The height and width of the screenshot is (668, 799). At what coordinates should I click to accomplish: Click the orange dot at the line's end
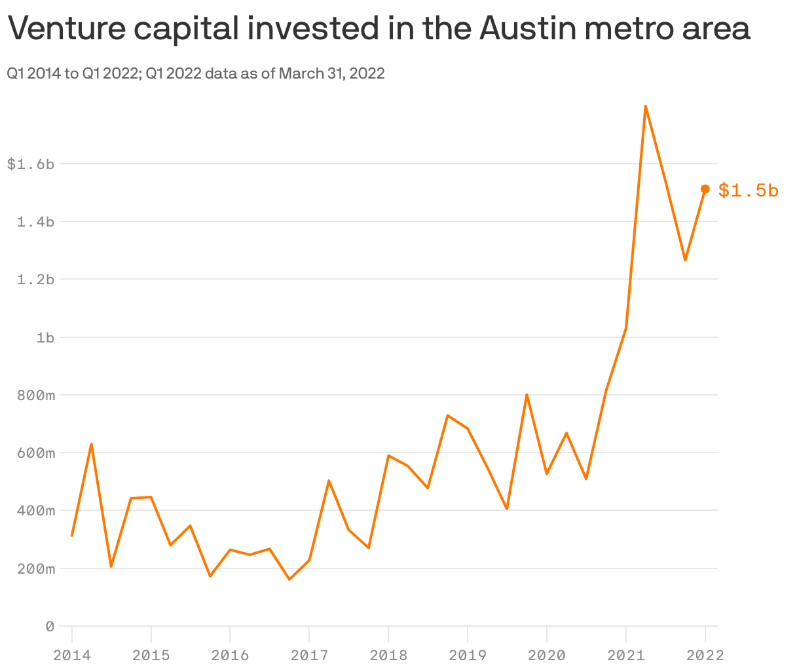pyautogui.click(x=705, y=189)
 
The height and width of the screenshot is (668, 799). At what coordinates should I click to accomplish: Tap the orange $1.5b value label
pyautogui.click(x=748, y=191)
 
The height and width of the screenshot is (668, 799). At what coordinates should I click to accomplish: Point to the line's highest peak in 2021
pyautogui.click(x=646, y=106)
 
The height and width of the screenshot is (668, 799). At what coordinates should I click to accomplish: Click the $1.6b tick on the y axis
pyautogui.click(x=30, y=164)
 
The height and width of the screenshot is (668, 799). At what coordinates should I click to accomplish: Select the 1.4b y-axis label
pyautogui.click(x=35, y=222)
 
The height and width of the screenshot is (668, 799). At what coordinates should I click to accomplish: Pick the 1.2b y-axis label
pyautogui.click(x=35, y=280)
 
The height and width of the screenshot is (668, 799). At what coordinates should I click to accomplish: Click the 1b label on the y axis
pyautogui.click(x=45, y=338)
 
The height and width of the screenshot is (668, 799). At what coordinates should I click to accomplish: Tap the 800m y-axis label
pyautogui.click(x=35, y=396)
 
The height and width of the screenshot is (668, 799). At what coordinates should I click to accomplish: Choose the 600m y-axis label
pyautogui.click(x=35, y=453)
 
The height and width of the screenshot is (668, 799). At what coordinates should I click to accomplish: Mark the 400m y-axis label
pyautogui.click(x=35, y=511)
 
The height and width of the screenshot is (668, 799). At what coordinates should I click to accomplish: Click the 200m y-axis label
pyautogui.click(x=35, y=568)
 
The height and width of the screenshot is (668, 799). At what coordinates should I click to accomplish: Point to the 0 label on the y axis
pyautogui.click(x=50, y=627)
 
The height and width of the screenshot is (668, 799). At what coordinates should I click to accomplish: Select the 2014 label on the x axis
pyautogui.click(x=72, y=655)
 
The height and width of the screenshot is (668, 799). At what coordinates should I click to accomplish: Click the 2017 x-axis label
pyautogui.click(x=309, y=655)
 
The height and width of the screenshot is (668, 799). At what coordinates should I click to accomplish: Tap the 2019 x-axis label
pyautogui.click(x=468, y=655)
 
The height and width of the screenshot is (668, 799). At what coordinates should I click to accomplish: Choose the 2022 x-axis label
pyautogui.click(x=705, y=655)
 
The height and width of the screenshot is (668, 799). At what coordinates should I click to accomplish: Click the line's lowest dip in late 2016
pyautogui.click(x=289, y=580)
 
